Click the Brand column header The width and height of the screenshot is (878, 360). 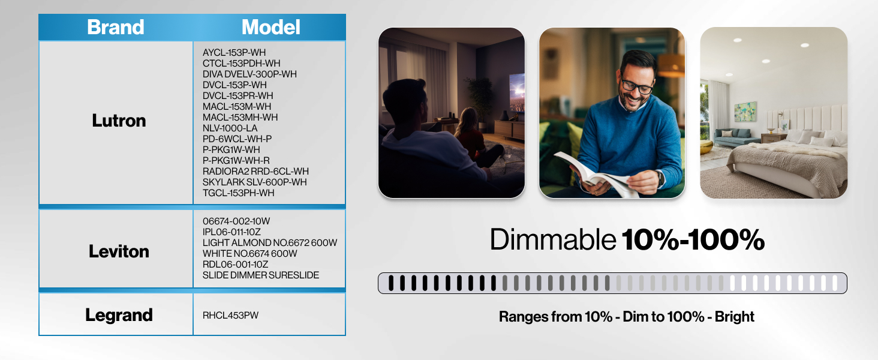(116, 27)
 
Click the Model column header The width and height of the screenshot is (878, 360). (270, 27)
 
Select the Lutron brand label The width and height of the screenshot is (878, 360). (119, 121)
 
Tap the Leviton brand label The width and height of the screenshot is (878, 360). (119, 251)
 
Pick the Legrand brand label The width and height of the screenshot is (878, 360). (119, 315)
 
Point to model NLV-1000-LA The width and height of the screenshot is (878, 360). (230, 128)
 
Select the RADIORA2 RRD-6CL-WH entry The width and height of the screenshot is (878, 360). (255, 171)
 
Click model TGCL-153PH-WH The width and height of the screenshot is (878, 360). (238, 193)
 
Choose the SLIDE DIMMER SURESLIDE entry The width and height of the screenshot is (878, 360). (261, 275)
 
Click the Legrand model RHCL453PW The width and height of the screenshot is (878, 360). (230, 315)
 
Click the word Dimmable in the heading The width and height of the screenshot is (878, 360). (552, 240)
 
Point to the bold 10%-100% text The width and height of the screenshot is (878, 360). (693, 240)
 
